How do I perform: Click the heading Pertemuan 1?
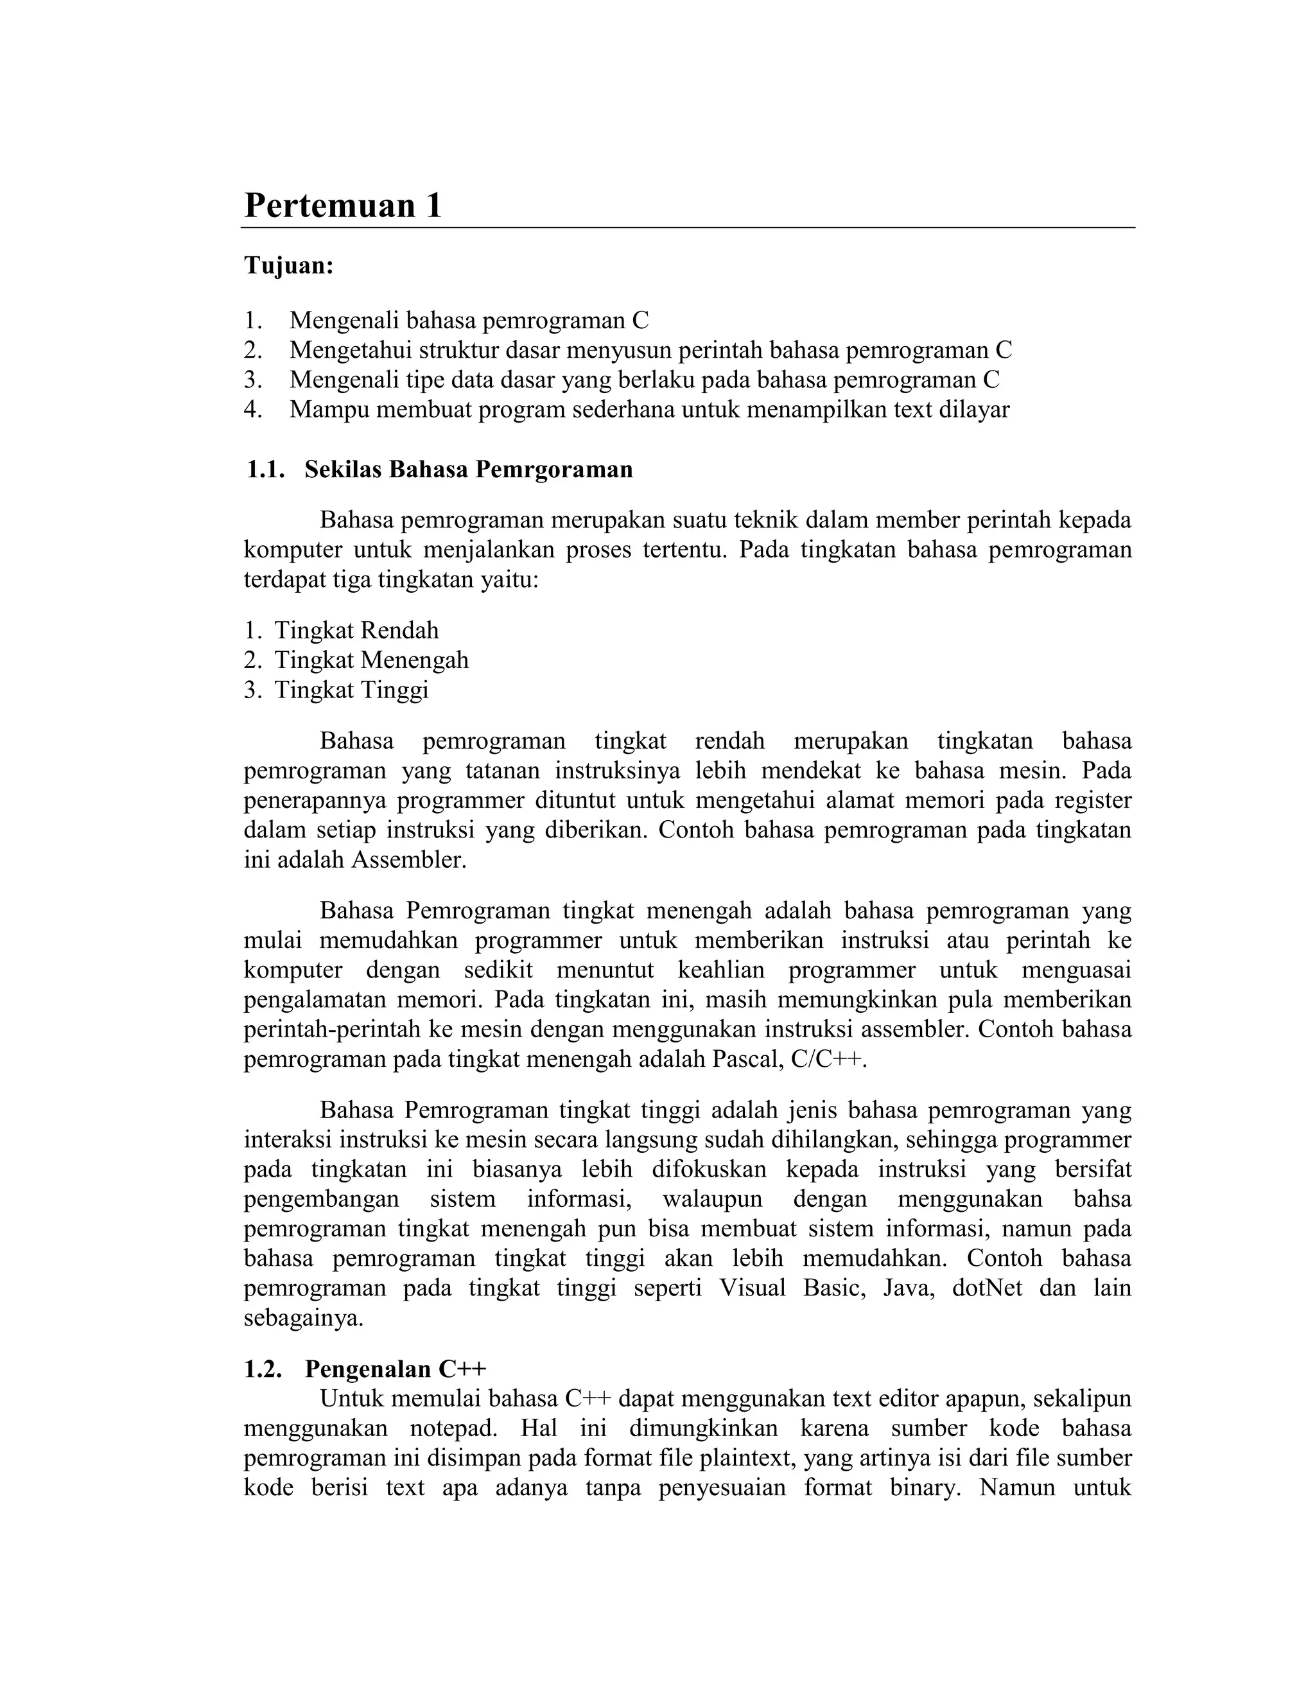point(343,206)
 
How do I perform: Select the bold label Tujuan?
point(289,266)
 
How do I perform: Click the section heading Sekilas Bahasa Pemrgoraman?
point(468,470)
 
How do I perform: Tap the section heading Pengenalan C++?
point(395,1369)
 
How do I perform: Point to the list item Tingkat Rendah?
point(356,631)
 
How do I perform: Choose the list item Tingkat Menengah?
point(371,660)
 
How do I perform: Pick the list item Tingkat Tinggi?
point(351,690)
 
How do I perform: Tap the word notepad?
point(453,1428)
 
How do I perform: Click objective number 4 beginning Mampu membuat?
point(649,410)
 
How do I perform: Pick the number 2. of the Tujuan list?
point(252,351)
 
